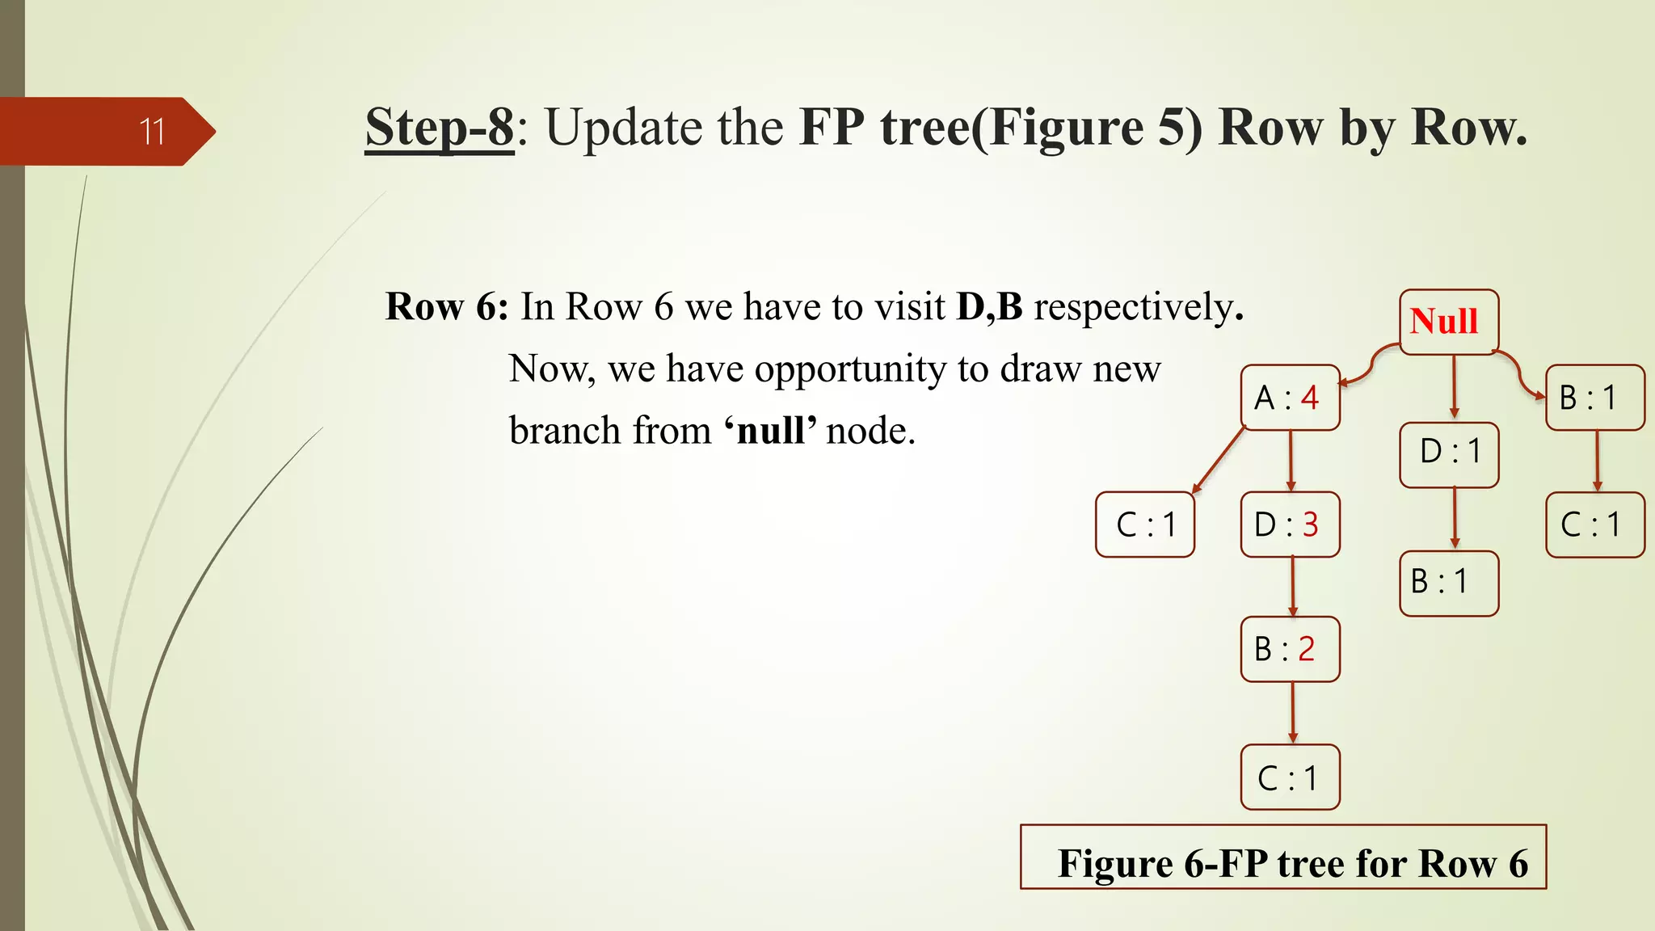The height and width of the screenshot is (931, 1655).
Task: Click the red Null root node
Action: pos(1448,322)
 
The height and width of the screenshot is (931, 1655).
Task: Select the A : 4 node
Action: pos(1290,398)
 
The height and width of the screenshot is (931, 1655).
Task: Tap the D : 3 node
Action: pos(1290,524)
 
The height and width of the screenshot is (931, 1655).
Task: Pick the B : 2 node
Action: pos(1290,649)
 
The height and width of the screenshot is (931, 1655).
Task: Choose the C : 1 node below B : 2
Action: pos(1290,777)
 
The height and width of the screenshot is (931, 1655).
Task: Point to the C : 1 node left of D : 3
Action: pos(1144,524)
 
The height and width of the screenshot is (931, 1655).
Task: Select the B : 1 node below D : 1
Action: pos(1449,583)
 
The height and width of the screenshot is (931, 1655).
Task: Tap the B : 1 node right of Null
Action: pos(1594,398)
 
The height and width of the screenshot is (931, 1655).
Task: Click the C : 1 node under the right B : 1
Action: pos(1594,524)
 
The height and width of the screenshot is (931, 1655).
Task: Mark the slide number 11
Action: pos(151,132)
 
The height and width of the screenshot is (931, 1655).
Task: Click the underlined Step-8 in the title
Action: pos(439,127)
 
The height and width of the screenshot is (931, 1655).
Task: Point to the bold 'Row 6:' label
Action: pos(447,307)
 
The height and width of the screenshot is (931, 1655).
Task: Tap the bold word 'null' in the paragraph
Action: pos(771,431)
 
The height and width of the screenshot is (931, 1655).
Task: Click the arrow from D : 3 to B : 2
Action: pos(1292,587)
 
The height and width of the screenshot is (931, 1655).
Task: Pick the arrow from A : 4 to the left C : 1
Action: pos(1219,460)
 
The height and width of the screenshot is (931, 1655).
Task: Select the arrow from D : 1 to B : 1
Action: pos(1454,519)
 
